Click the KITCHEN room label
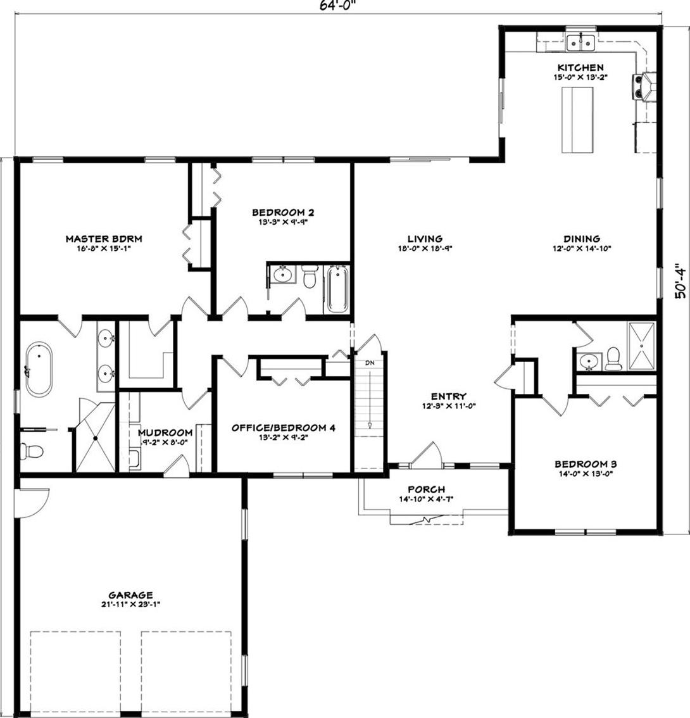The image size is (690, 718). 580,67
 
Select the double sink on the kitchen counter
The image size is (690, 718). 580,42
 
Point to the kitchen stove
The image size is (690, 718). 646,86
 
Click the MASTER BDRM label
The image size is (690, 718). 104,239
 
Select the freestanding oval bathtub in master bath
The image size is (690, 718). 39,370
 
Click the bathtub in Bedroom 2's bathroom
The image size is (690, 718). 337,289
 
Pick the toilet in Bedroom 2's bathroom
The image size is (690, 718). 309,278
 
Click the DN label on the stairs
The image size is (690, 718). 368,363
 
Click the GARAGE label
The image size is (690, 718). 130,595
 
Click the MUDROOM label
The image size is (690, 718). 165,433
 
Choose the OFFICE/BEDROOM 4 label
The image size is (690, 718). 283,427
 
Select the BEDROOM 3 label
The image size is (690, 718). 585,463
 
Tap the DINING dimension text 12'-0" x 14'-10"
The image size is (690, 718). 580,249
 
